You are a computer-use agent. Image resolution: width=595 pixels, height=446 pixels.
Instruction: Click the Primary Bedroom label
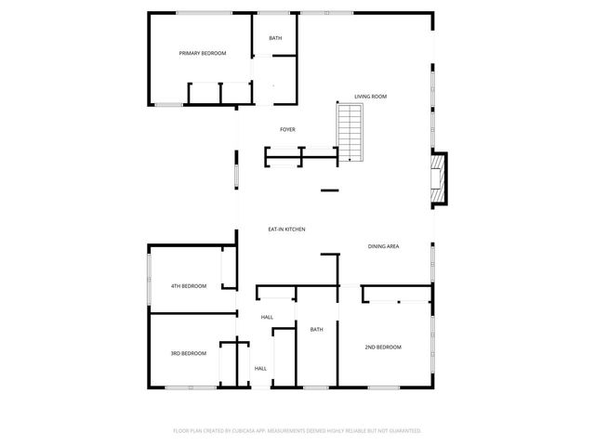(x=203, y=54)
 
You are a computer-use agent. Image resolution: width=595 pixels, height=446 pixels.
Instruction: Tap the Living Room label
(x=370, y=97)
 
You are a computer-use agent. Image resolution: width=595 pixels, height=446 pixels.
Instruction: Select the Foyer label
(x=287, y=129)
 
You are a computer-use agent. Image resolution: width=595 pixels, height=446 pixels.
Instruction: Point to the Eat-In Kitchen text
(x=286, y=230)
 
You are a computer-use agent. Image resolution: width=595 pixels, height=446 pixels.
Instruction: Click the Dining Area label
(x=383, y=246)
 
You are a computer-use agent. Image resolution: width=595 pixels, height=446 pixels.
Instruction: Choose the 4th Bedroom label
(x=188, y=286)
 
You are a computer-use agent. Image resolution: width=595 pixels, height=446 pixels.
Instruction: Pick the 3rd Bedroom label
(x=188, y=353)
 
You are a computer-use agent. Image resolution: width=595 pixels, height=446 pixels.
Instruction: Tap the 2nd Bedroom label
(x=382, y=347)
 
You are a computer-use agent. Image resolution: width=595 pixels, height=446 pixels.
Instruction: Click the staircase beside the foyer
(x=349, y=131)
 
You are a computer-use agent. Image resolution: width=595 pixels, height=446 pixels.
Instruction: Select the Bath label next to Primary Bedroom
(x=275, y=38)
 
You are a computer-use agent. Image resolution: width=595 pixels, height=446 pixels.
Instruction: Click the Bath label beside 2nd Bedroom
(x=316, y=330)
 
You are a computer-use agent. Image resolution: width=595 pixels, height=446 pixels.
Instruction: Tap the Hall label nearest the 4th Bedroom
(x=267, y=318)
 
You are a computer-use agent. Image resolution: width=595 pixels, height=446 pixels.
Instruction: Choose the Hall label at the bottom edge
(x=260, y=369)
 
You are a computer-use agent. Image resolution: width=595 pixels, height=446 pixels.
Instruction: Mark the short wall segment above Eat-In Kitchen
(x=329, y=191)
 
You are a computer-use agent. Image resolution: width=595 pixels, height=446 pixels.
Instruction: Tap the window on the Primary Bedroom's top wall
(x=205, y=12)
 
